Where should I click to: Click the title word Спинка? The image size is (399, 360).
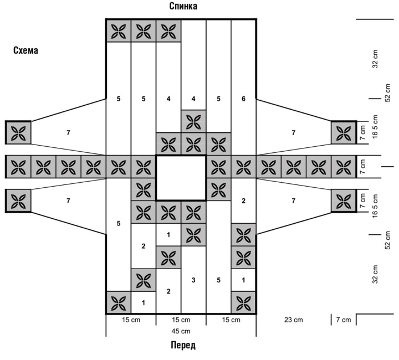pyautogui.click(x=183, y=7)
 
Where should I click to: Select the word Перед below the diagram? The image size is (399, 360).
pyautogui.click(x=182, y=346)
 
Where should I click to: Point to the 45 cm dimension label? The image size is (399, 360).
pyautogui.click(x=181, y=331)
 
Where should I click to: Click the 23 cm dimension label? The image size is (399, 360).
pyautogui.click(x=293, y=320)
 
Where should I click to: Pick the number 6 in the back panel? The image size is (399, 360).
pyautogui.click(x=243, y=99)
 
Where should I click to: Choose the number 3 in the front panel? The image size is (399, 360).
pyautogui.click(x=193, y=280)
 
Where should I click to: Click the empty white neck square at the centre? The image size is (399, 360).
pyautogui.click(x=181, y=178)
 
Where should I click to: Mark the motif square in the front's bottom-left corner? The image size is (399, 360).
pyautogui.click(x=118, y=302)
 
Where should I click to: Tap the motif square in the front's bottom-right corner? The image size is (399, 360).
pyautogui.click(x=243, y=302)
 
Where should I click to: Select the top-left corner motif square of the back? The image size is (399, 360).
pyautogui.click(x=118, y=31)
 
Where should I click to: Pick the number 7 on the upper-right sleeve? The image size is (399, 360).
pyautogui.click(x=293, y=132)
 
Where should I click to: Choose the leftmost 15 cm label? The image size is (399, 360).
pyautogui.click(x=131, y=320)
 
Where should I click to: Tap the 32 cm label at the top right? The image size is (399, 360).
pyautogui.click(x=375, y=59)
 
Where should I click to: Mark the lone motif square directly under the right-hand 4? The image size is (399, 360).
pyautogui.click(x=193, y=120)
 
